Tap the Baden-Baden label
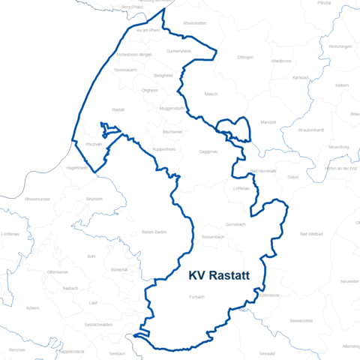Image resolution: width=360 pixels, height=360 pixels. point(153,232)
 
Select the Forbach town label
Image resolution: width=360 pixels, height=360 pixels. point(196,297)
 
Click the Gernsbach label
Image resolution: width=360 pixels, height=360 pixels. point(235,224)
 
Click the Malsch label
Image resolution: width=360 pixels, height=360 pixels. point(211,94)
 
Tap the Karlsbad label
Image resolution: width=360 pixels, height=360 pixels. point(300,77)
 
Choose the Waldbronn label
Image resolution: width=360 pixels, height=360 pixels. point(281,61)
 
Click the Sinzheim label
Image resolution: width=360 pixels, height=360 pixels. point(94,199)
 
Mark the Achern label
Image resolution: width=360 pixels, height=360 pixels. point(32,307)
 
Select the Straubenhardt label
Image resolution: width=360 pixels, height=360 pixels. point(310,130)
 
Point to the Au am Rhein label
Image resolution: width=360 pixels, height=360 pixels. point(148,30)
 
